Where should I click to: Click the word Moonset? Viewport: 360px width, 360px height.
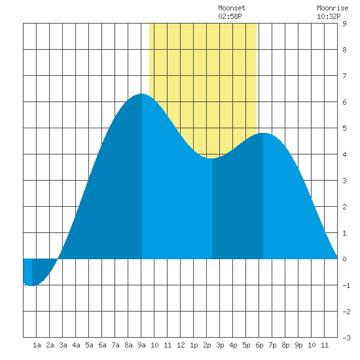coord(232,8)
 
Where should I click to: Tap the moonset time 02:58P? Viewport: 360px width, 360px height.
coord(230,16)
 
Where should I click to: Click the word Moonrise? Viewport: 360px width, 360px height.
coord(333,8)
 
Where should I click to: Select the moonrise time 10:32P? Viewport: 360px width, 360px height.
coord(329,16)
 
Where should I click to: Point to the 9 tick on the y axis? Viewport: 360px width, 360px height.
coord(344,24)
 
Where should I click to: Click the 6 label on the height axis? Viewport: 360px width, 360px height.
coord(344,102)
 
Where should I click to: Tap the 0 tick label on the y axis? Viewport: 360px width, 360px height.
coord(344,259)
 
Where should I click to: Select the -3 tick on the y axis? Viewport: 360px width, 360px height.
coord(346,338)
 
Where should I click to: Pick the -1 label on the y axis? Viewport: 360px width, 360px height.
coord(346,285)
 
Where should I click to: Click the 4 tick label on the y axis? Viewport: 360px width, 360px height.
coord(344,154)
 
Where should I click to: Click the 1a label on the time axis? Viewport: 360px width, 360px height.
coord(37,345)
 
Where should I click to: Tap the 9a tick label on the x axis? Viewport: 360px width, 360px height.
coord(141,345)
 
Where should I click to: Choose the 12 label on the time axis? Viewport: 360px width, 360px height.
coord(181,345)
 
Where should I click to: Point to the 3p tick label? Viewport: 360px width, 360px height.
coord(220,345)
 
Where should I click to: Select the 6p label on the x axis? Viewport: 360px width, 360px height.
coord(259,345)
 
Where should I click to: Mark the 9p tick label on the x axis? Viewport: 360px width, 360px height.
coord(298,345)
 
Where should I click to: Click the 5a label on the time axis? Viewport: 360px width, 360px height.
coord(89,345)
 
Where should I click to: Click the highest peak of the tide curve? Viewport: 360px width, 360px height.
coord(141,94)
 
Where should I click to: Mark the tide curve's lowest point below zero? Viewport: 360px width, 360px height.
coord(32,285)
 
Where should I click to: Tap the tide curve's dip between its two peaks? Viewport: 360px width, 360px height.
coord(211,158)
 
